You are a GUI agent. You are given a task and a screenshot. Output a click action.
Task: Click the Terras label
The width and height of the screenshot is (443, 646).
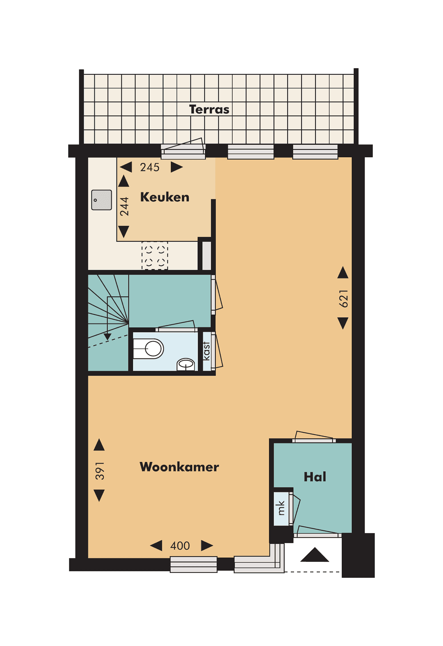pos(209,110)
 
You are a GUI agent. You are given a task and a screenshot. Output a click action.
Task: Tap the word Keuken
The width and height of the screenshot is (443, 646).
pos(164,197)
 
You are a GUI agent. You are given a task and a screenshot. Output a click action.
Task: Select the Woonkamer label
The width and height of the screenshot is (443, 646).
pos(179,467)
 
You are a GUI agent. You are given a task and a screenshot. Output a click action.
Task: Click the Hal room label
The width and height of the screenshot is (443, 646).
pos(315,477)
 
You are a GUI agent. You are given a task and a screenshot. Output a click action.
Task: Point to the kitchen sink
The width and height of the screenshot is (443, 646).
pos(102,200)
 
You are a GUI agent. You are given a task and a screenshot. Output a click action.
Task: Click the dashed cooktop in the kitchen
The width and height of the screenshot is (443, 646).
pos(155,255)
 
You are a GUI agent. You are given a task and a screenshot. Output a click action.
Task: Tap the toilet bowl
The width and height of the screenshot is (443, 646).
pos(150,349)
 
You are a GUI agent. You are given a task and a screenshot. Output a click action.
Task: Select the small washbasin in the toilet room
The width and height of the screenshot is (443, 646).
pos(186,364)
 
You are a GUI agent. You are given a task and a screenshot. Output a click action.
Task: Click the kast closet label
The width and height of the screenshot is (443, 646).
pos(206,351)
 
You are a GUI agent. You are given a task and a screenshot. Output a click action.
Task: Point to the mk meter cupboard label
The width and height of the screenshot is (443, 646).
pos(281,508)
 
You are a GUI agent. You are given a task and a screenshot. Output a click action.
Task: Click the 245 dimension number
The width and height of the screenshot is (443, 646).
pos(150,167)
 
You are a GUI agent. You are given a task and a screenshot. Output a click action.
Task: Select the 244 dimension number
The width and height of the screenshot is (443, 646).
pos(124,206)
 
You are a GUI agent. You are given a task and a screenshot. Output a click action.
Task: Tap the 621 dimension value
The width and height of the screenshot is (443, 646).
pos(343,298)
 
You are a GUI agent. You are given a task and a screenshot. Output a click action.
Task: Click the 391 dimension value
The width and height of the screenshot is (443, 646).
pos(100,471)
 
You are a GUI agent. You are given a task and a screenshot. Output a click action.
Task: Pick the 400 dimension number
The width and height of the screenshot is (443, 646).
pos(180,546)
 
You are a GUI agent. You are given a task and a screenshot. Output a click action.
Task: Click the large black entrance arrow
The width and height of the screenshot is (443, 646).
pos(315,555)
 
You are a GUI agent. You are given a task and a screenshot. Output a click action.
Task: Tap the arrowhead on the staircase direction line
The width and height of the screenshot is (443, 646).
pos(107,337)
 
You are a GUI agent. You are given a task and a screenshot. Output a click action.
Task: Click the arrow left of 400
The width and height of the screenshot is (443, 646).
pos(156,545)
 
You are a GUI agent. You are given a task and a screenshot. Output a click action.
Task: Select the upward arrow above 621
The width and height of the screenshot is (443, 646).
pos(343,273)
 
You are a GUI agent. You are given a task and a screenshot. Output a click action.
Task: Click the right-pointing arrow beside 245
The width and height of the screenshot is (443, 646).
pos(176,167)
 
